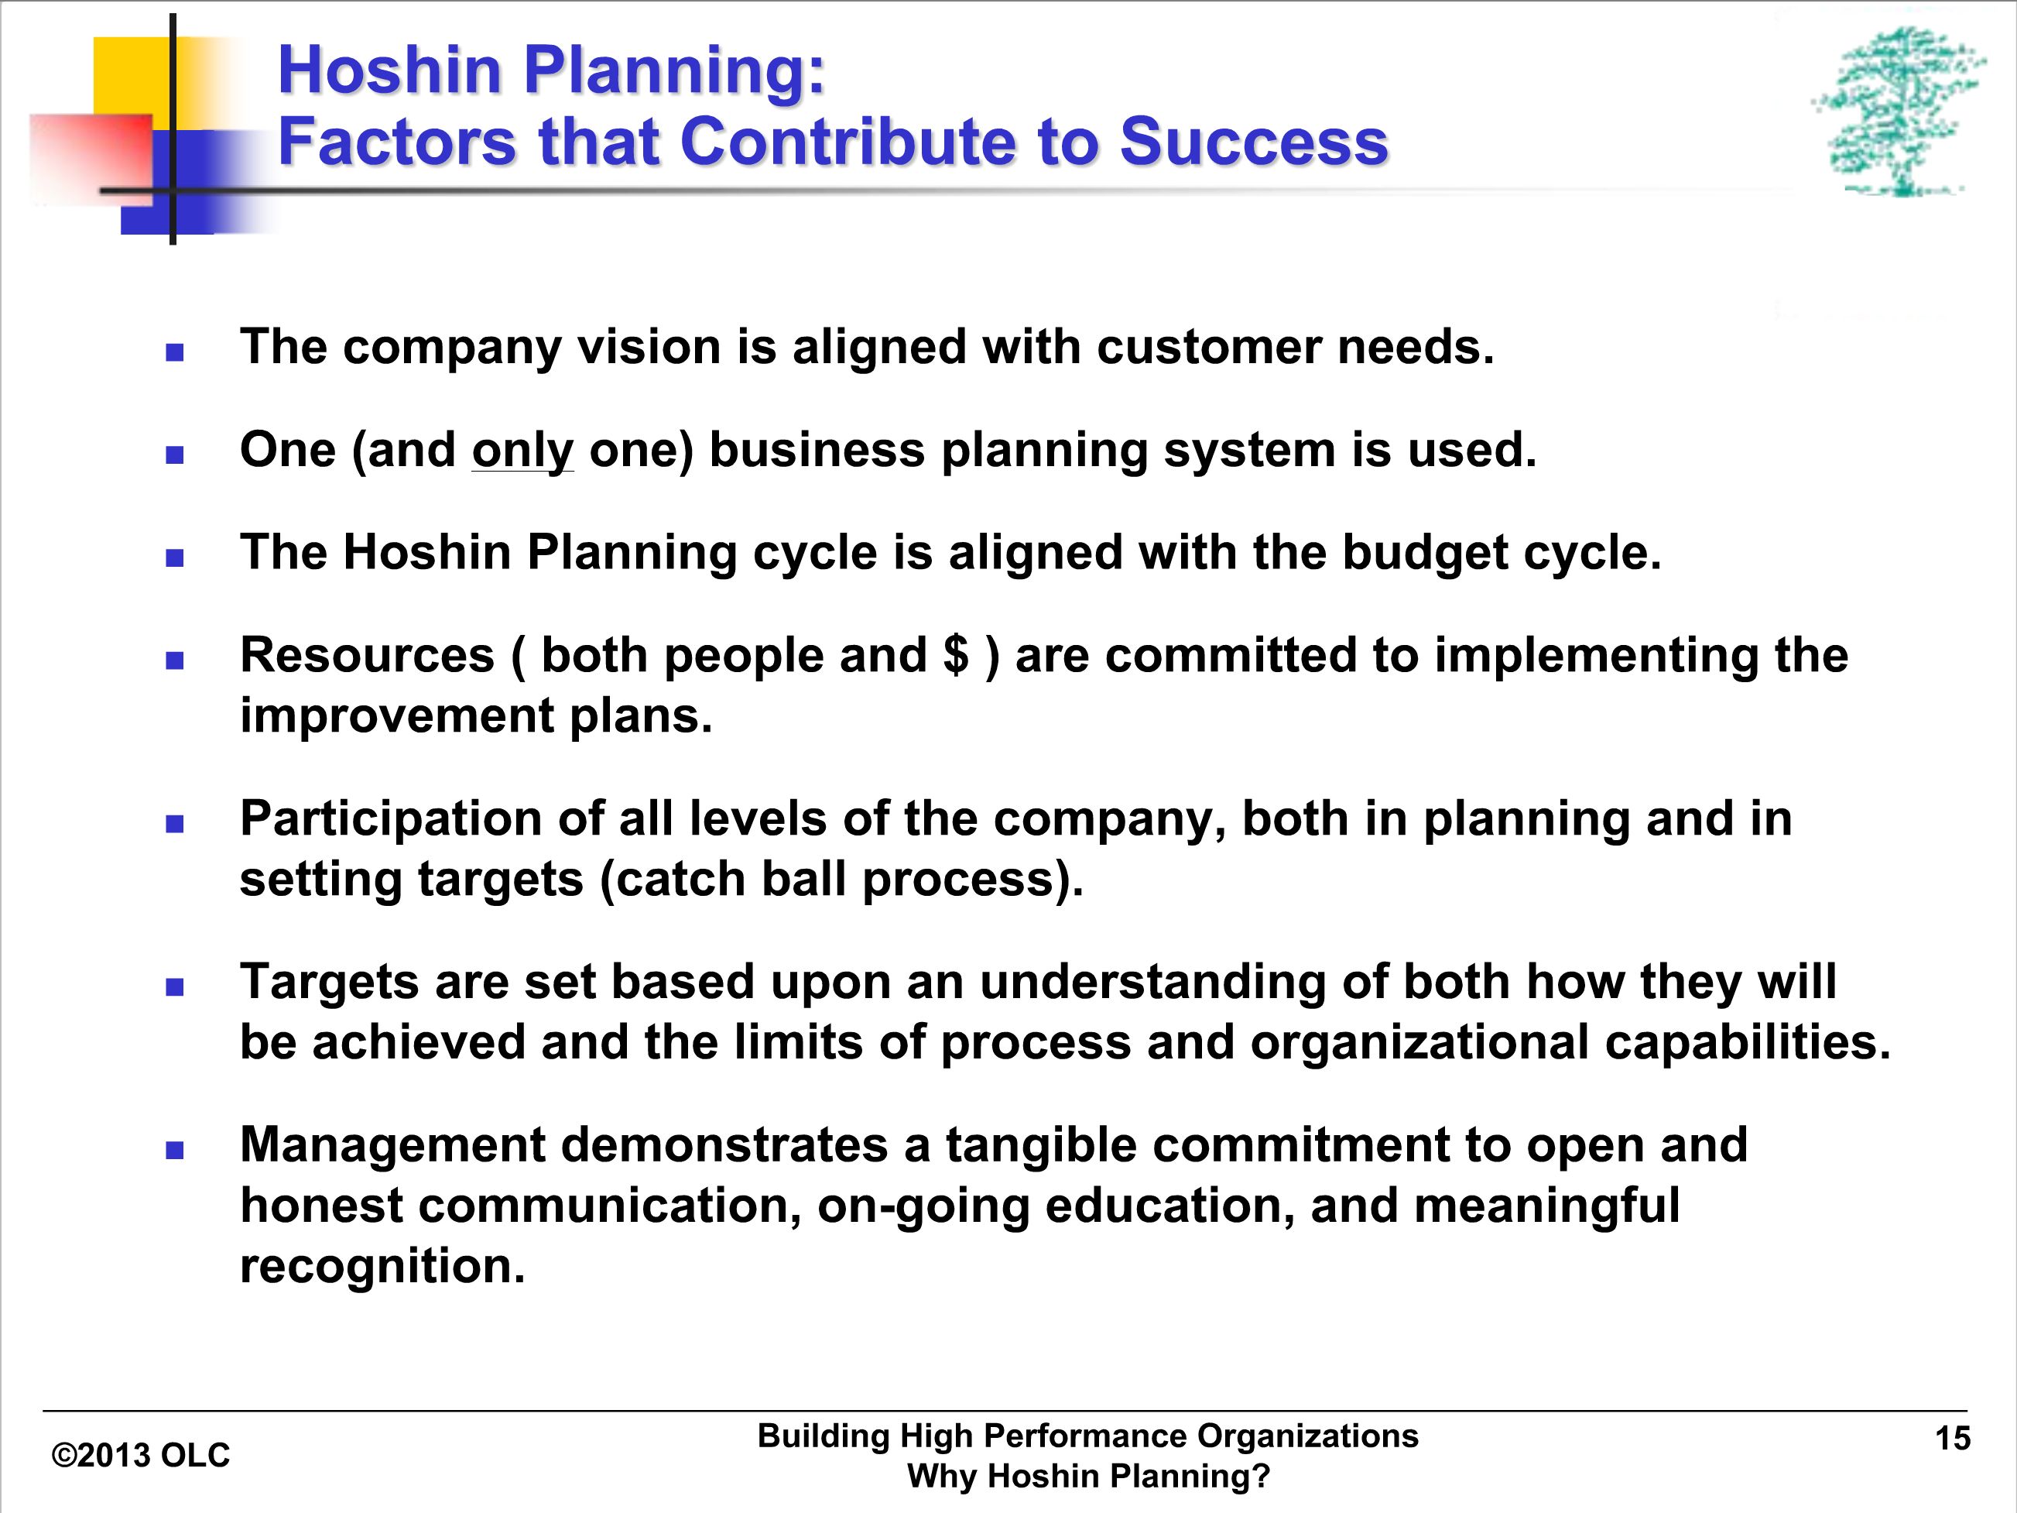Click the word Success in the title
[1254, 142]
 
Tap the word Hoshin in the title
[390, 70]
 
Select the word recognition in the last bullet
[383, 1266]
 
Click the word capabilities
[1747, 1041]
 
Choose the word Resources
[368, 655]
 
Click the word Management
[392, 1145]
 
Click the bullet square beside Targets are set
[175, 986]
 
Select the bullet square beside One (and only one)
[175, 455]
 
